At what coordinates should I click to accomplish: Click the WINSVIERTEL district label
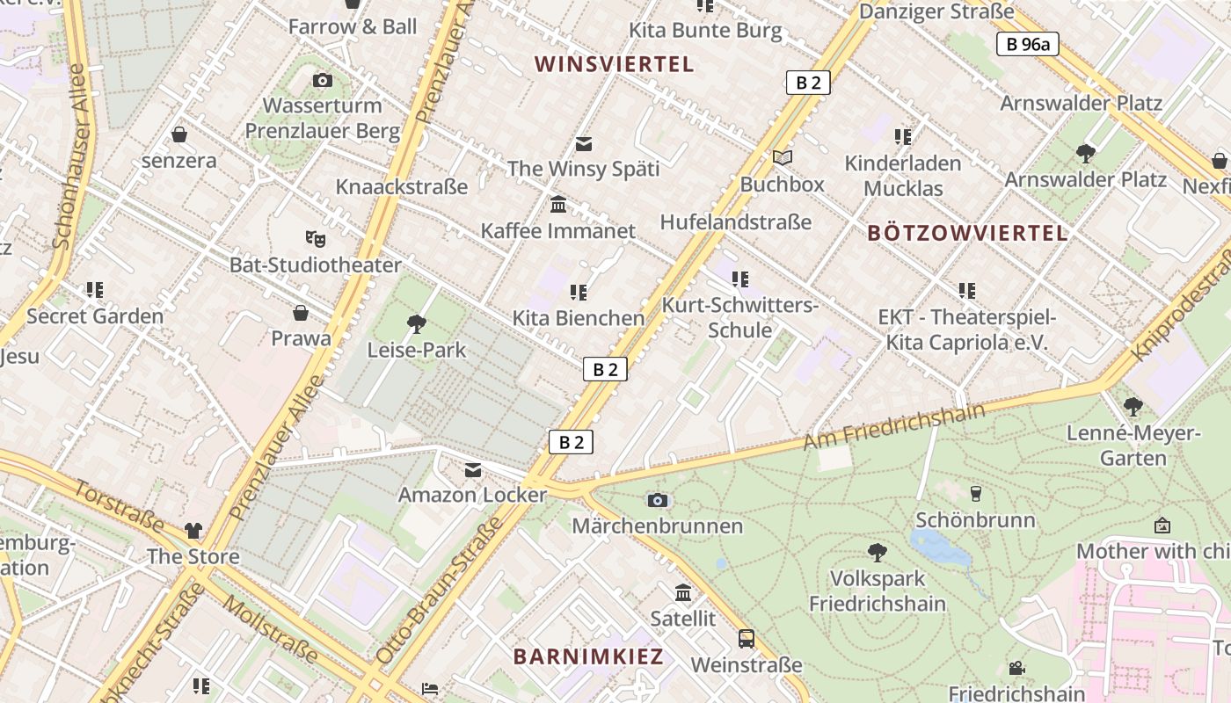pos(614,64)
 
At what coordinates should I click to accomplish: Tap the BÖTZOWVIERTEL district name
pos(967,233)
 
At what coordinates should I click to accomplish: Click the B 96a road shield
pos(1027,44)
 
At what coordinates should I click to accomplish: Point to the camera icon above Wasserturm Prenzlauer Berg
pos(323,81)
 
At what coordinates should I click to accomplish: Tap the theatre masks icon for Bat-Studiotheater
pos(315,238)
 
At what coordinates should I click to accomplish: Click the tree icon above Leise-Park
pos(417,324)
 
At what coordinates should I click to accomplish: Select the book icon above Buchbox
pos(783,158)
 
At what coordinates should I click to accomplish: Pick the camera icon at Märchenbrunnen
pos(658,500)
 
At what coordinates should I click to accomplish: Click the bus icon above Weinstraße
pos(747,639)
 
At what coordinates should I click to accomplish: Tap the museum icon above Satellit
pos(683,592)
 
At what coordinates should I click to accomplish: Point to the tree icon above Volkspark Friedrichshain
pos(877,552)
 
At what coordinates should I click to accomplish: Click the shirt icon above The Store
pos(193,531)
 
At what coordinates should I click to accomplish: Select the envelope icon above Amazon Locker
pos(473,470)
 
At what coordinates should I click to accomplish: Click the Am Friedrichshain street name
pos(894,427)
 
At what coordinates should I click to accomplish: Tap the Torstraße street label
pos(119,505)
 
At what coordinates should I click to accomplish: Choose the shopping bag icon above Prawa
pos(301,313)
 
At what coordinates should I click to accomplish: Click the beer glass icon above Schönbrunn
pos(975,493)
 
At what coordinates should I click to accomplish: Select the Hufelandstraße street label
pos(735,222)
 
